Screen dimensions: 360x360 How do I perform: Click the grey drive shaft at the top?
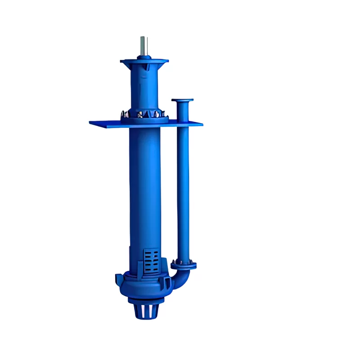click(144, 45)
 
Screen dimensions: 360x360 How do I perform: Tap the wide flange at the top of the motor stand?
click(144, 61)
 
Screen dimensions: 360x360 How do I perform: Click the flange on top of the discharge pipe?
click(183, 100)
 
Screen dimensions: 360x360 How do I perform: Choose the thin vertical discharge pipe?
click(183, 180)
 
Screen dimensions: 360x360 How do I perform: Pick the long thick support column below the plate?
click(144, 189)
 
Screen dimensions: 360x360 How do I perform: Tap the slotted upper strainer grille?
click(152, 260)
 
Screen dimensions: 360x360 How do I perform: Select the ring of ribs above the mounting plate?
click(144, 115)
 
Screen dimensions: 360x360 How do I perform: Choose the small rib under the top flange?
click(146, 67)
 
